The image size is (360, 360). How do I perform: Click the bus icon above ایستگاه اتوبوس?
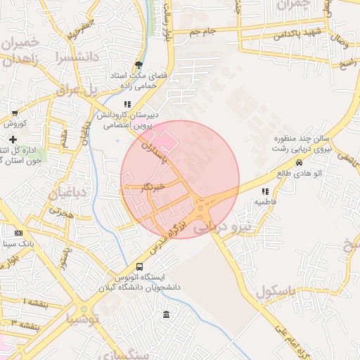coord(139,266)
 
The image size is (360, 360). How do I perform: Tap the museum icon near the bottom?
coord(166,314)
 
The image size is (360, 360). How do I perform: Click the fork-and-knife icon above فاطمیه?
coord(265,191)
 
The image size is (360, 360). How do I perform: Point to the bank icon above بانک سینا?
coord(18,233)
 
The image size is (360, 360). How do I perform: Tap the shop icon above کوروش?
coord(15,113)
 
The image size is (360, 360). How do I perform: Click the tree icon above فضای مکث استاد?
coord(139,63)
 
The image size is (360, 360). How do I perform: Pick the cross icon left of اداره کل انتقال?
coord(13,140)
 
